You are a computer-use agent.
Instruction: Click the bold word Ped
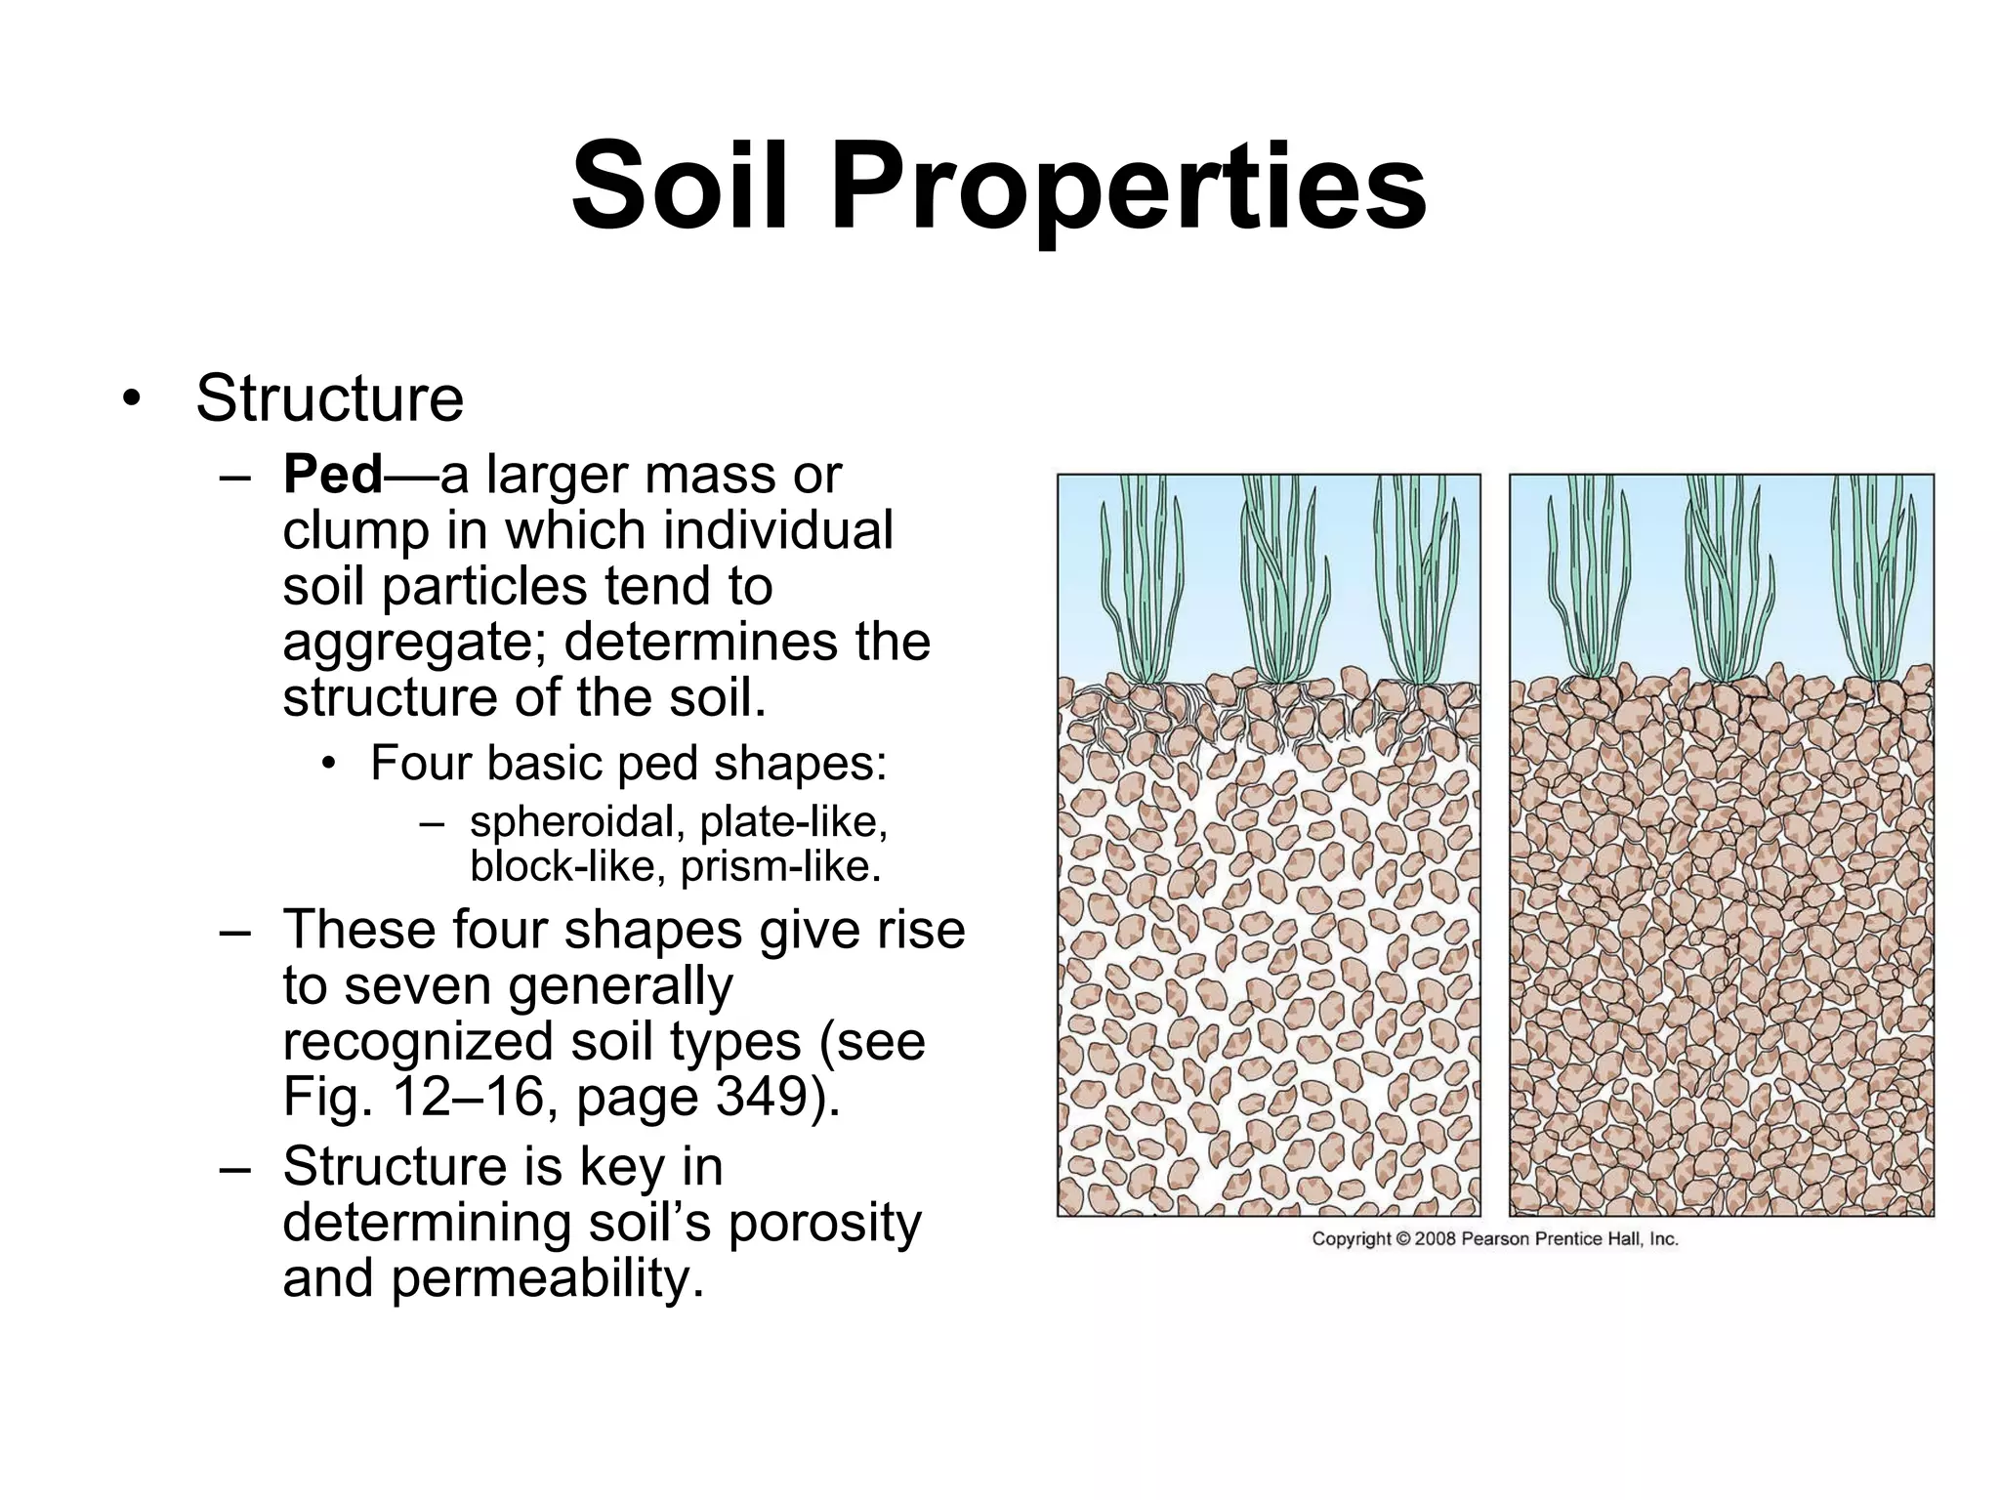(x=332, y=476)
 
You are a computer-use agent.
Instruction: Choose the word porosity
(x=824, y=1223)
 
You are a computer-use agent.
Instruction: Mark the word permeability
(x=547, y=1279)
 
